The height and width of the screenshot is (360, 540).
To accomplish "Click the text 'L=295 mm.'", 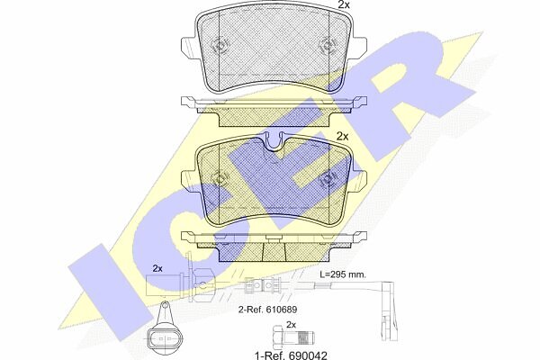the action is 343,274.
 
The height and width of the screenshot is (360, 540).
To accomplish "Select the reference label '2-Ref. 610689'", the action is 267,310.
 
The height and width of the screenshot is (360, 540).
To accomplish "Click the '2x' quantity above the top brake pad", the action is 344,4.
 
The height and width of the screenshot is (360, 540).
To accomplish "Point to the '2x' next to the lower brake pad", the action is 342,137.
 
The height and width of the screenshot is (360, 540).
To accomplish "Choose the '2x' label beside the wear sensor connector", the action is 157,268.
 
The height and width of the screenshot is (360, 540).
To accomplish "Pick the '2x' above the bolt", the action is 291,324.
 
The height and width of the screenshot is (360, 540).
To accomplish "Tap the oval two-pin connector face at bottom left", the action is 164,338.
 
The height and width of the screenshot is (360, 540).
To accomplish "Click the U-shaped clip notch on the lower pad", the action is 274,143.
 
